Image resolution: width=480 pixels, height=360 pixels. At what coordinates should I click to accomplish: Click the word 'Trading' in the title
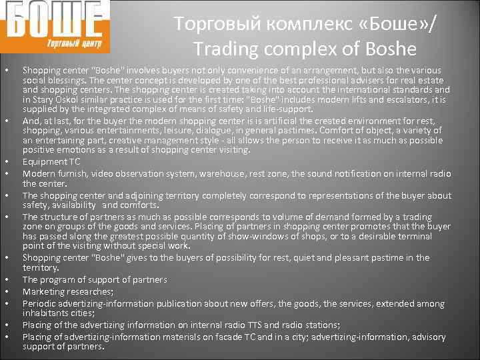[227, 49]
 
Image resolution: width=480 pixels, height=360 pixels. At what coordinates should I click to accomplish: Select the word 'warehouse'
[215, 174]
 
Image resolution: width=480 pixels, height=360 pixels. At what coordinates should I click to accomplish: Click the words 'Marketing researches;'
[67, 291]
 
